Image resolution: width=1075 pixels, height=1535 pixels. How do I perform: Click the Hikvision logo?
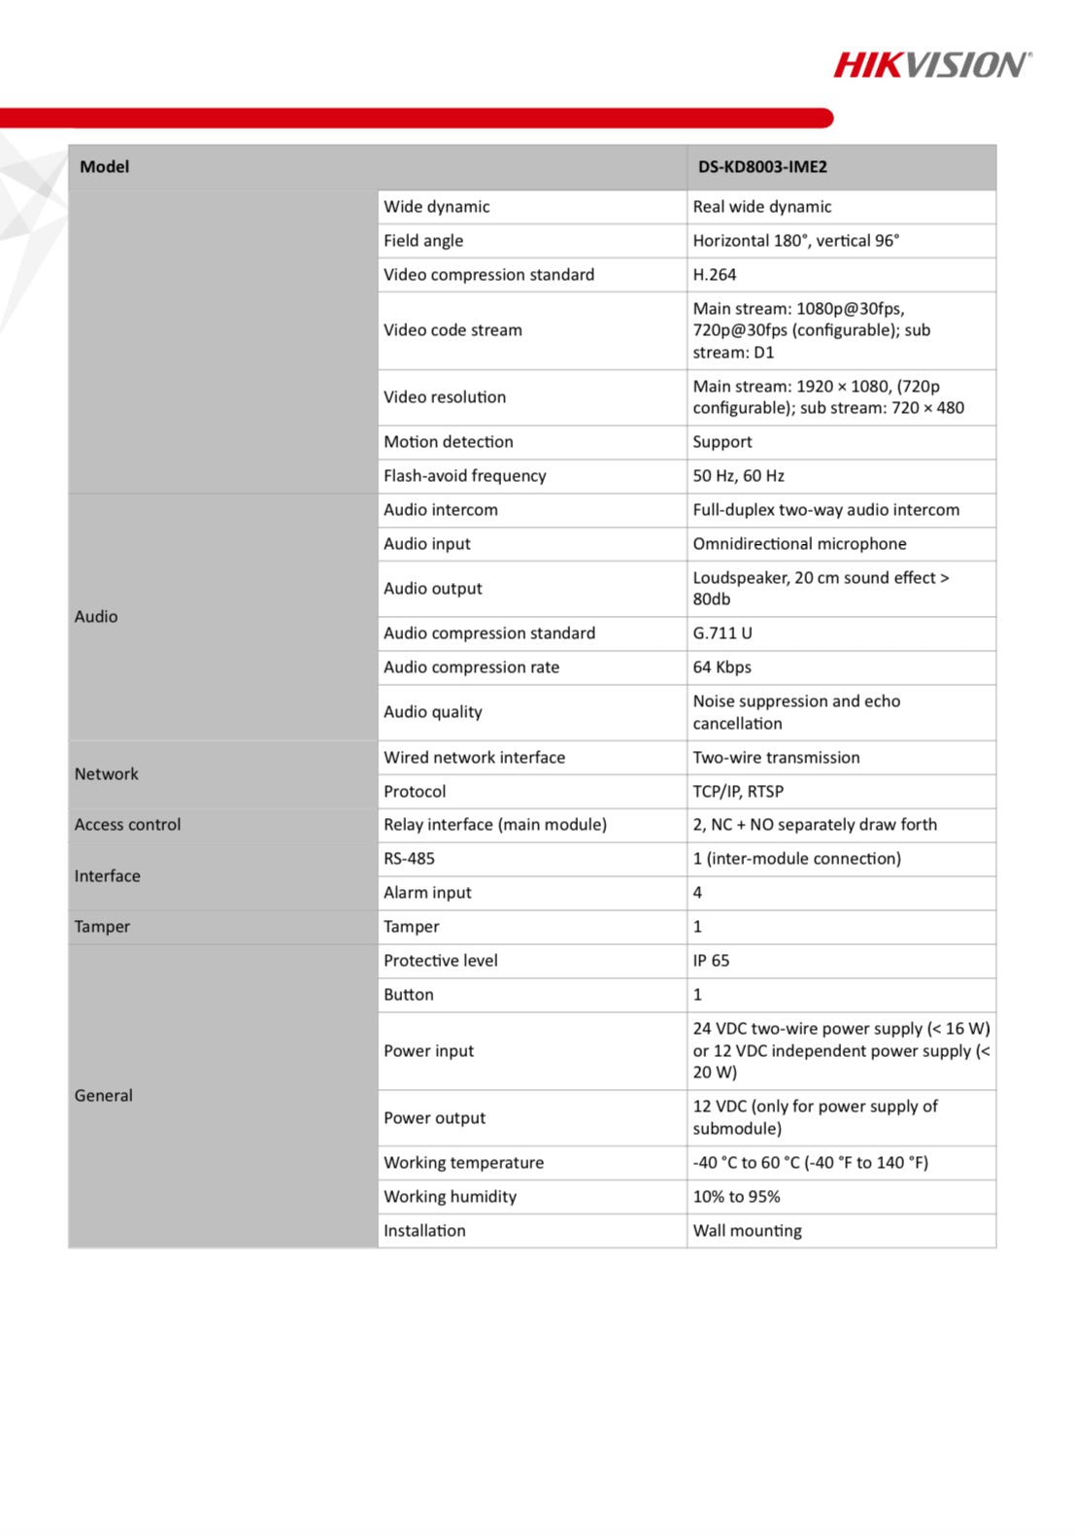coord(932,65)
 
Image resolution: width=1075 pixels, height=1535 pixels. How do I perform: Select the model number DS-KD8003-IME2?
coord(762,167)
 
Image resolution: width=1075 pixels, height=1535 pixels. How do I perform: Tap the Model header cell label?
coord(104,167)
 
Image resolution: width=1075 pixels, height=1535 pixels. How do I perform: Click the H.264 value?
coord(715,275)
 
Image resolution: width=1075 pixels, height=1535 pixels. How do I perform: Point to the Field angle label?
coord(423,241)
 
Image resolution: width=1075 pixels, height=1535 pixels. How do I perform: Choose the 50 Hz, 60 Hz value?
coord(738,476)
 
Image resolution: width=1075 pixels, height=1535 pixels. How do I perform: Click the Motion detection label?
coord(449,442)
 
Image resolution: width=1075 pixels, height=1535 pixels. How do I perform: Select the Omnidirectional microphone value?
coord(799,544)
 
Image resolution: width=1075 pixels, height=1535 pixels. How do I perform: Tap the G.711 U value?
coord(722,633)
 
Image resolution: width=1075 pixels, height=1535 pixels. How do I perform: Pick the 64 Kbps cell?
coord(722,667)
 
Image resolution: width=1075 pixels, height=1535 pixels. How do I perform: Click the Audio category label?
coord(96,617)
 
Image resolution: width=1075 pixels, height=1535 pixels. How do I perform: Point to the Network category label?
coord(107,774)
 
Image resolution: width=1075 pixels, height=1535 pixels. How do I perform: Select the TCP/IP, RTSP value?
coord(738,792)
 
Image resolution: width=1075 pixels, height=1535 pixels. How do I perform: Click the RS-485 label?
coord(409,859)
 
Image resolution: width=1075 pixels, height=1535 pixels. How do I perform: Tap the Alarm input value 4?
coord(697,893)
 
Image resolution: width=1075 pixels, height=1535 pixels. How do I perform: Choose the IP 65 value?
coord(711,961)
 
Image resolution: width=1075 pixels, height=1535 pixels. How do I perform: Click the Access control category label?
coord(128,825)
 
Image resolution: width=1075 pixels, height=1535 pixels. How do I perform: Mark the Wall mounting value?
coord(747,1231)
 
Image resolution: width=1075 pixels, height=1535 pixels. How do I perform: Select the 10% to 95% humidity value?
coord(736,1197)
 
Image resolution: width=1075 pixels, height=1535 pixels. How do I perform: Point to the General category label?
coord(104,1096)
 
